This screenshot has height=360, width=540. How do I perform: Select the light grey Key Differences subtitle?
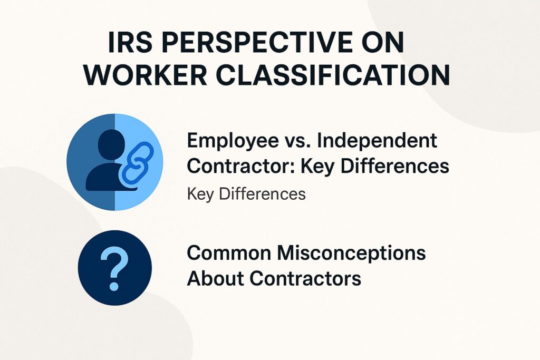pos(246,193)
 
